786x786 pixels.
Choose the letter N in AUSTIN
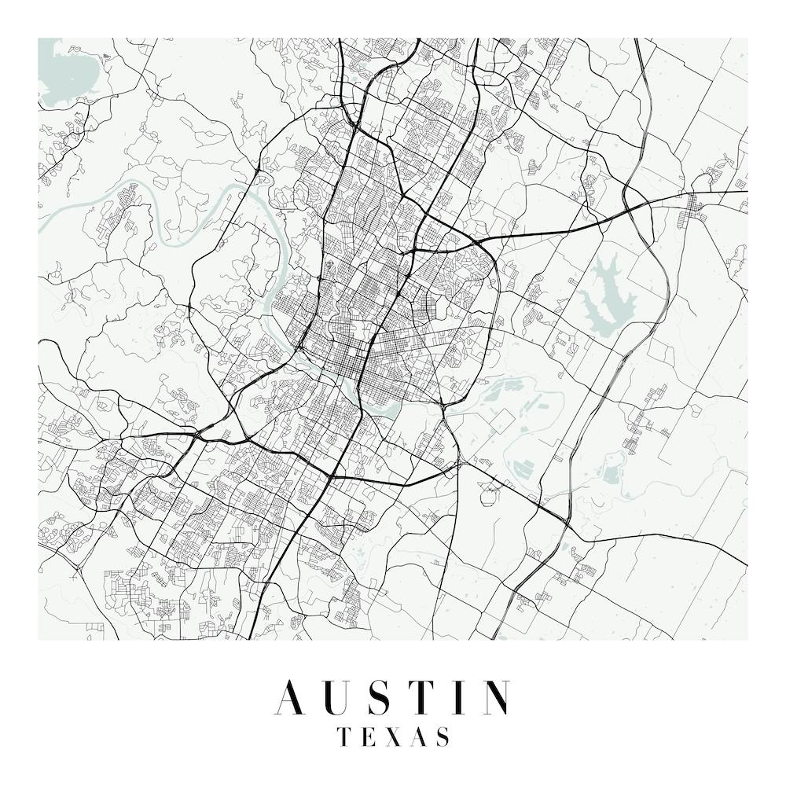[495, 698]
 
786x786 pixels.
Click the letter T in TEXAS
[343, 737]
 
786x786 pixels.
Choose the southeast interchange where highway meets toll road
[564, 522]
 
